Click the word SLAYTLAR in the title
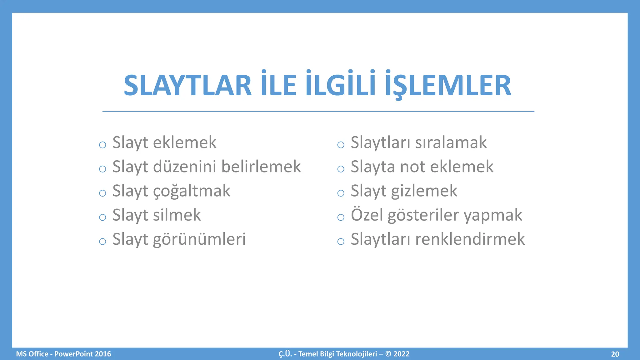[187, 86]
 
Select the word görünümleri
[199, 240]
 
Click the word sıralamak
[451, 143]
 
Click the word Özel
[367, 215]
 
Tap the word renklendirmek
[470, 239]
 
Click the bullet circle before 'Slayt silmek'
[102, 217]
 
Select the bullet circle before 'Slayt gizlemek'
[341, 193]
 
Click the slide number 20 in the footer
[615, 354]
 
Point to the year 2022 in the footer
[401, 354]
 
